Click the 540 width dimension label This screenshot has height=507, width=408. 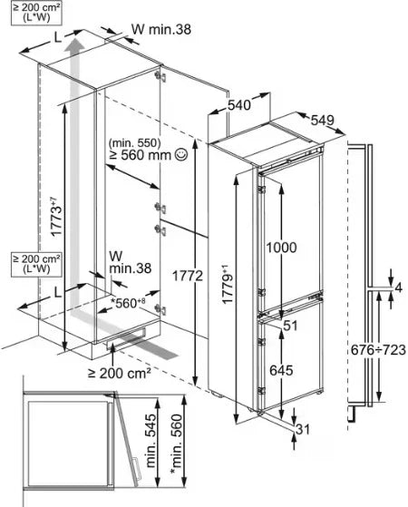(x=239, y=105)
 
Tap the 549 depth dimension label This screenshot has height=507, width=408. (x=323, y=120)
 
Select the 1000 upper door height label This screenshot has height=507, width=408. (x=281, y=248)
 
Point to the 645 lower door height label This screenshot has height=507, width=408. (x=281, y=370)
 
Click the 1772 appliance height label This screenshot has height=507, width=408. (x=187, y=276)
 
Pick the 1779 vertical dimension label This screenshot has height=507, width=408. (x=228, y=284)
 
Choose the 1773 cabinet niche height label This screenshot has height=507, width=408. (x=55, y=217)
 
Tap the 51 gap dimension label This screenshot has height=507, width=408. (x=290, y=326)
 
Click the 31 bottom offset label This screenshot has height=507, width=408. (x=303, y=429)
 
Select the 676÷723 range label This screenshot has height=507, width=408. (x=378, y=349)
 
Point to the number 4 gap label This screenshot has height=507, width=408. (x=399, y=288)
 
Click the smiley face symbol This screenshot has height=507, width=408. (x=180, y=154)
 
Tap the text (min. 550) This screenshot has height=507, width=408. (x=134, y=142)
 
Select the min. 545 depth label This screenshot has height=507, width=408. (x=151, y=441)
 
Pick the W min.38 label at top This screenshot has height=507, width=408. (x=161, y=29)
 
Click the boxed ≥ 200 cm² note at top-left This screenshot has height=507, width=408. (x=36, y=13)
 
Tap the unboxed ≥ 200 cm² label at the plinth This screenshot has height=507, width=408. (x=120, y=374)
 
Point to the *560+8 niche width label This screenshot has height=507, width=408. (x=128, y=303)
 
